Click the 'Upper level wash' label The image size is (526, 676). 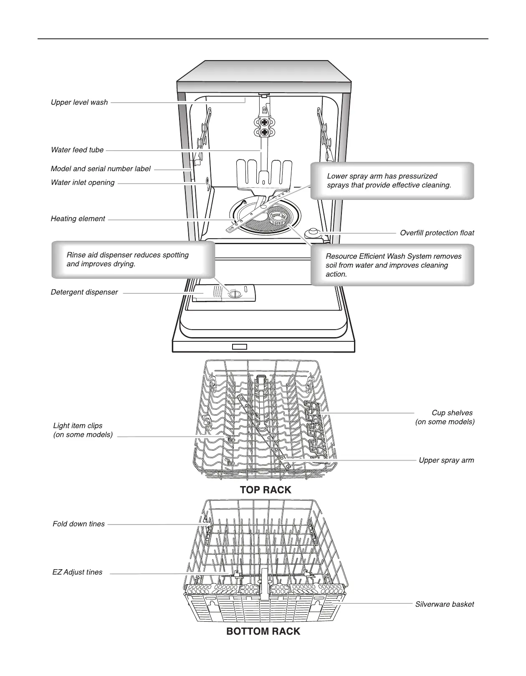tap(79, 102)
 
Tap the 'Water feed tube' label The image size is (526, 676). tap(77, 150)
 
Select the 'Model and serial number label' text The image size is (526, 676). tap(101, 169)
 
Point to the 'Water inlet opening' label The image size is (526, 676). tap(83, 182)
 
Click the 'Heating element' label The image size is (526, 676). tap(78, 219)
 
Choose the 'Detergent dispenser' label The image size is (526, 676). tap(84, 292)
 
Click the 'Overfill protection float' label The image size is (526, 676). tap(437, 233)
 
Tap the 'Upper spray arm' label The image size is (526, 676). tap(446, 460)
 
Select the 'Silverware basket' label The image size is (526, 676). tap(444, 604)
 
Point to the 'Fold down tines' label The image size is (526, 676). tap(79, 524)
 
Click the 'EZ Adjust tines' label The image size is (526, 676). tap(78, 572)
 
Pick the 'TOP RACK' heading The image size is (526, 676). tap(266, 490)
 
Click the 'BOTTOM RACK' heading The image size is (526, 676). tap(263, 631)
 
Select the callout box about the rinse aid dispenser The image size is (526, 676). tap(133, 259)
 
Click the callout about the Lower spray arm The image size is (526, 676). tap(392, 181)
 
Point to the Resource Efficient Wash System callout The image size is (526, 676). tap(392, 265)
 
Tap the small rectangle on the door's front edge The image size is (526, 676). tap(240, 346)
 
